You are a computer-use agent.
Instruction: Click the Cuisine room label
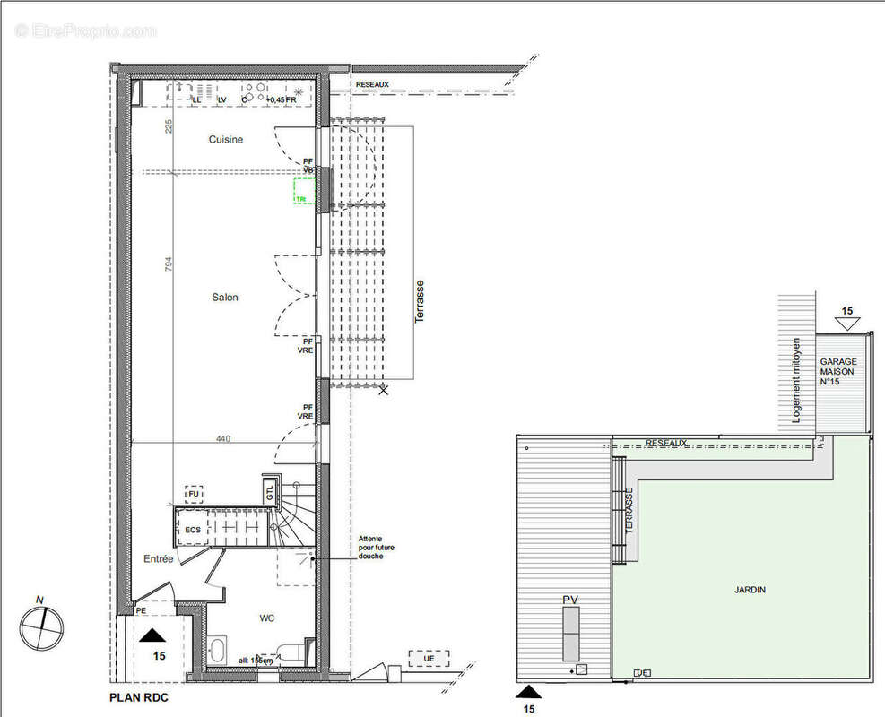pyautogui.click(x=225, y=140)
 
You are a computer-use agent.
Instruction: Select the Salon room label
pyautogui.click(x=224, y=298)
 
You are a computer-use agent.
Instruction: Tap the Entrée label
pyautogui.click(x=159, y=558)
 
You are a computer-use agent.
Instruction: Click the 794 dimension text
pyautogui.click(x=167, y=266)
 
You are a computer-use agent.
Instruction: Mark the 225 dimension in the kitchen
pyautogui.click(x=168, y=125)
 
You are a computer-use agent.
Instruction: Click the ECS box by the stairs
pyautogui.click(x=193, y=530)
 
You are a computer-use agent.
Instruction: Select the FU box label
pyautogui.click(x=193, y=493)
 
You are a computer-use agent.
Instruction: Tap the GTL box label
pyautogui.click(x=270, y=490)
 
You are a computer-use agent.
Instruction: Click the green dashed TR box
pyautogui.click(x=303, y=193)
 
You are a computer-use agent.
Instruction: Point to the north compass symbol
pyautogui.click(x=39, y=624)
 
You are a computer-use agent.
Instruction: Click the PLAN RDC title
pyautogui.click(x=138, y=696)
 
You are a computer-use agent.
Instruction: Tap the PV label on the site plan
pyautogui.click(x=569, y=599)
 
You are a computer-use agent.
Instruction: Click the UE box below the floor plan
pyautogui.click(x=428, y=660)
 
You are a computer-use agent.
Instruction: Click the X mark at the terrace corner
pyautogui.click(x=384, y=390)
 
